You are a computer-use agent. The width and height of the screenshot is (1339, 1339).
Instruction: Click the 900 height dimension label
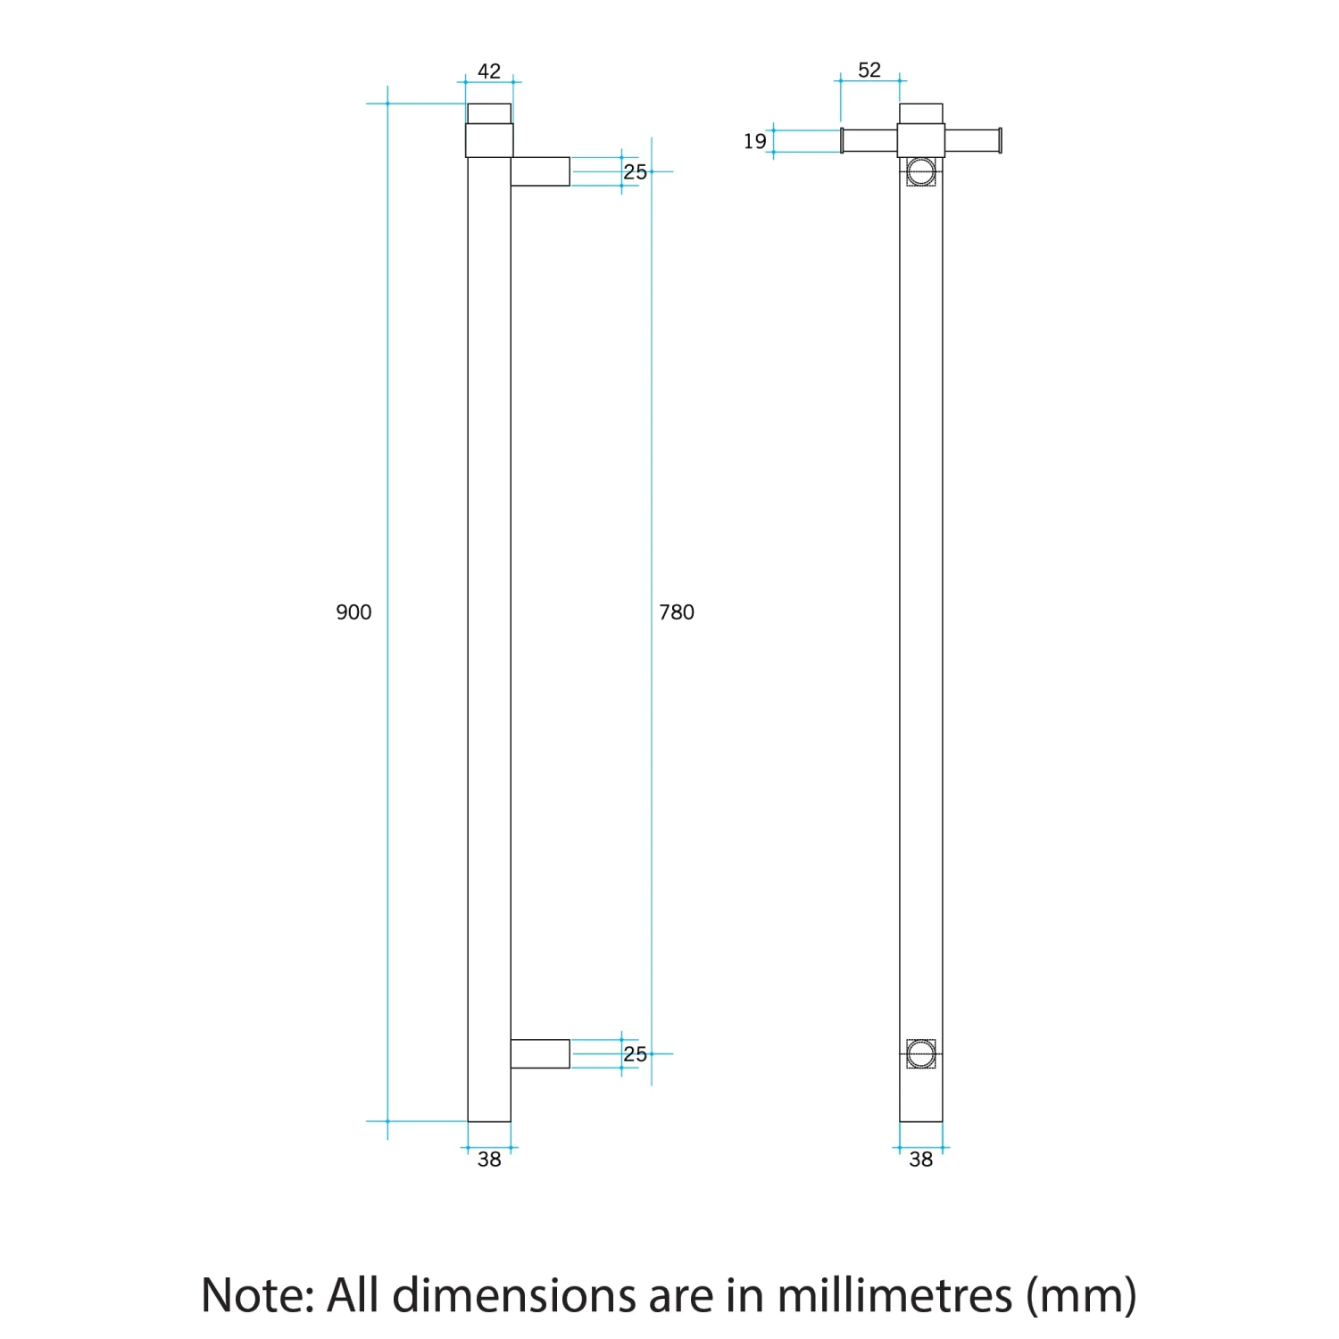(353, 612)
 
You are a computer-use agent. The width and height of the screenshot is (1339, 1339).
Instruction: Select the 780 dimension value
(676, 612)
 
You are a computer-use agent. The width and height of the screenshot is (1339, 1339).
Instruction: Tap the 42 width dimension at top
(489, 71)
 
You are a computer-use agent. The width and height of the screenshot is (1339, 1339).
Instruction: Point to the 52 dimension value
(869, 71)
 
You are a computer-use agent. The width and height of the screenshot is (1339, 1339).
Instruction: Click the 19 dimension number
(755, 141)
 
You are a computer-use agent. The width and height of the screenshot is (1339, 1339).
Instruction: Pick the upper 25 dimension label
(635, 172)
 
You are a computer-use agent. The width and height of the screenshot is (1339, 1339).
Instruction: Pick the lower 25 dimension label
(635, 1054)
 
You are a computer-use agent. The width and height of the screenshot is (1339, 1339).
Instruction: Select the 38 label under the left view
(489, 1160)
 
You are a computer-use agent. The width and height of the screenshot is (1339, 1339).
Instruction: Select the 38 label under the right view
(920, 1160)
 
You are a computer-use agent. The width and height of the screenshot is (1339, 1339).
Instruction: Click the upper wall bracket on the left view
(540, 171)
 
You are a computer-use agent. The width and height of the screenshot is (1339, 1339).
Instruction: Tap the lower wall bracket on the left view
(540, 1053)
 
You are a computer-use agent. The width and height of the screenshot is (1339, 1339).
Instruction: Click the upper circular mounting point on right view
(920, 171)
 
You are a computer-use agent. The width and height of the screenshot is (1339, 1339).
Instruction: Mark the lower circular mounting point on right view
(920, 1054)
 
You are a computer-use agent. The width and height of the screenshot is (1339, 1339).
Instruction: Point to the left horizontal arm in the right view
(869, 140)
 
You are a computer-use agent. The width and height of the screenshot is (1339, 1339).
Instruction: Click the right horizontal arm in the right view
(972, 140)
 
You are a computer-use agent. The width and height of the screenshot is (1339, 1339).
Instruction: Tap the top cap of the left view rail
(489, 113)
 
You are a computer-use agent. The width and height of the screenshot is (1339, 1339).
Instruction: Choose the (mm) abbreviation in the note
(1081, 1295)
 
